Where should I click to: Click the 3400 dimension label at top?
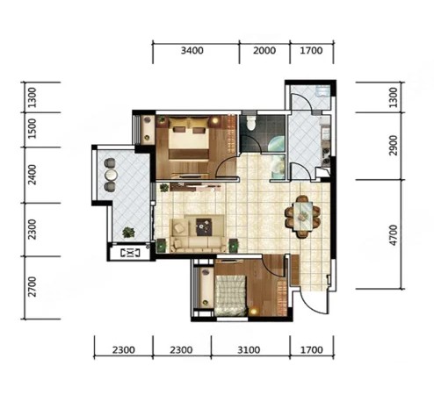[x=192, y=51]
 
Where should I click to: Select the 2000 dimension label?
[x=264, y=51]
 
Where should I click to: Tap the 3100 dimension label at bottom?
[x=249, y=350]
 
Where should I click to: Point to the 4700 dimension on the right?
[x=394, y=235]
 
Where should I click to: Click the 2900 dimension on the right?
[x=394, y=146]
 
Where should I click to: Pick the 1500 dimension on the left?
[x=33, y=128]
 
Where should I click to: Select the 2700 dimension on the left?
[x=33, y=287]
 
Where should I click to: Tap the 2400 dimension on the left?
[x=33, y=175]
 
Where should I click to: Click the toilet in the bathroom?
[x=251, y=122]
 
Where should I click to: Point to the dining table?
[x=302, y=216]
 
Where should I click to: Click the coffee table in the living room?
[x=204, y=226]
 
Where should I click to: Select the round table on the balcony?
[x=111, y=175]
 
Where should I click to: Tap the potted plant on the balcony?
[x=128, y=233]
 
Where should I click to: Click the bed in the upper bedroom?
[x=189, y=138]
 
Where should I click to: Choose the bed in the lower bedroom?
[x=230, y=295]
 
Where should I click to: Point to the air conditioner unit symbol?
[x=130, y=253]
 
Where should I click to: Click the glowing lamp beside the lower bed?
[x=253, y=312]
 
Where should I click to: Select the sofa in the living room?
[x=199, y=233]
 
